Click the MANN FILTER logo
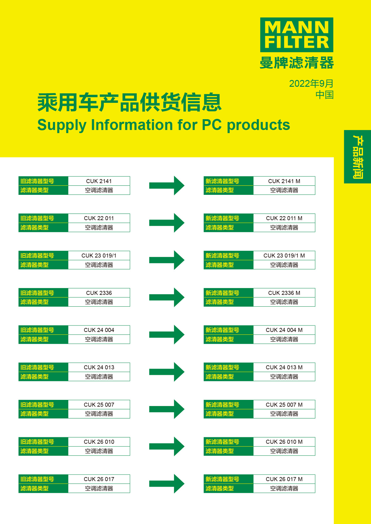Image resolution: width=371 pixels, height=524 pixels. (x=296, y=35)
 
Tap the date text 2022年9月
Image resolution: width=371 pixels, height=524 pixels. (x=311, y=83)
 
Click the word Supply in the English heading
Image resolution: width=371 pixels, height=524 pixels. (x=62, y=125)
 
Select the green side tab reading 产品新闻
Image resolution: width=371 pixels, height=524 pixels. (x=357, y=157)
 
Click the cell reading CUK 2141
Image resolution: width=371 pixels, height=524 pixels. (x=99, y=181)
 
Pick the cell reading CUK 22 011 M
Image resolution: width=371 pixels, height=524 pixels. (x=284, y=218)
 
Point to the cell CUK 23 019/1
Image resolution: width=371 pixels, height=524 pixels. (x=99, y=255)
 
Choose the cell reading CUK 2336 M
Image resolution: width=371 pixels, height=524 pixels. (x=284, y=293)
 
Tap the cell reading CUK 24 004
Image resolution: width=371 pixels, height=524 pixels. (x=99, y=330)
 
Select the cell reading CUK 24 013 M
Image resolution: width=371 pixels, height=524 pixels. (x=284, y=367)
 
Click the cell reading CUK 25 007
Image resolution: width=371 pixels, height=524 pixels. (x=99, y=405)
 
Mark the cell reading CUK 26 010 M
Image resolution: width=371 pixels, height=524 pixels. (x=284, y=442)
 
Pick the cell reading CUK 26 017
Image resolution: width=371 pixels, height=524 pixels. (x=99, y=479)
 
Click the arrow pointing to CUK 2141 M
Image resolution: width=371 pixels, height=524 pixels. (x=167, y=186)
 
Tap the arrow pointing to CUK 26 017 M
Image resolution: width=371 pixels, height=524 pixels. (x=167, y=484)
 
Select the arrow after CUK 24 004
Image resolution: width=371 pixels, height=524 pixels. (x=167, y=334)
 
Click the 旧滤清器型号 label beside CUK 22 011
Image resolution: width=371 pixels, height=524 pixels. (x=37, y=218)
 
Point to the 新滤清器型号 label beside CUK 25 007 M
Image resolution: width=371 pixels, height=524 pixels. (x=222, y=405)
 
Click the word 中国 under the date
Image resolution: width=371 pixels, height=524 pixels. (x=324, y=95)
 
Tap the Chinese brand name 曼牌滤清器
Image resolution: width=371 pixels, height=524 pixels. (x=296, y=63)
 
